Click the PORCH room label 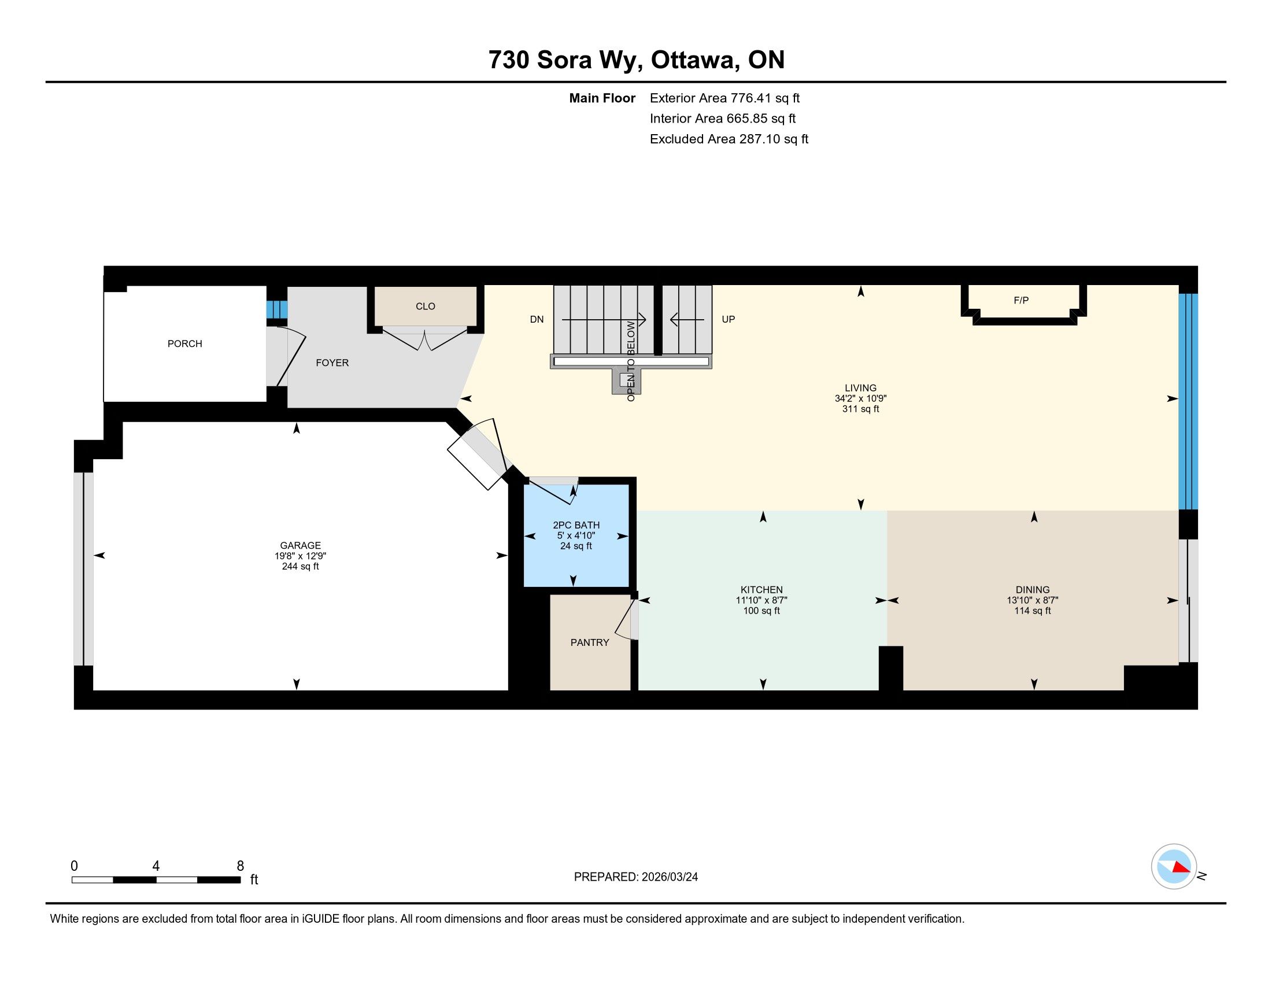[x=184, y=343]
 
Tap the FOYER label [x=332, y=362]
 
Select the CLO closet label [x=425, y=306]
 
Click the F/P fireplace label [x=1021, y=301]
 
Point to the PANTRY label [x=589, y=642]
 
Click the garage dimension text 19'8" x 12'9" [x=301, y=556]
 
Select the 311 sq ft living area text [x=861, y=409]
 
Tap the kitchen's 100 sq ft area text [x=761, y=611]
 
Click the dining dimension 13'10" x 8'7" [x=1033, y=600]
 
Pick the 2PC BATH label [x=576, y=525]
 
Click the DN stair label [x=537, y=319]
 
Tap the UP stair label [x=728, y=319]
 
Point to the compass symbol [x=1174, y=867]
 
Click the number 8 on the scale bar [x=240, y=866]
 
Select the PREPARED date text [x=636, y=877]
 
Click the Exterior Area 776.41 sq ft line [x=724, y=98]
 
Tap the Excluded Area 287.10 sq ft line [x=729, y=139]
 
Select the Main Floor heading [x=602, y=98]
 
